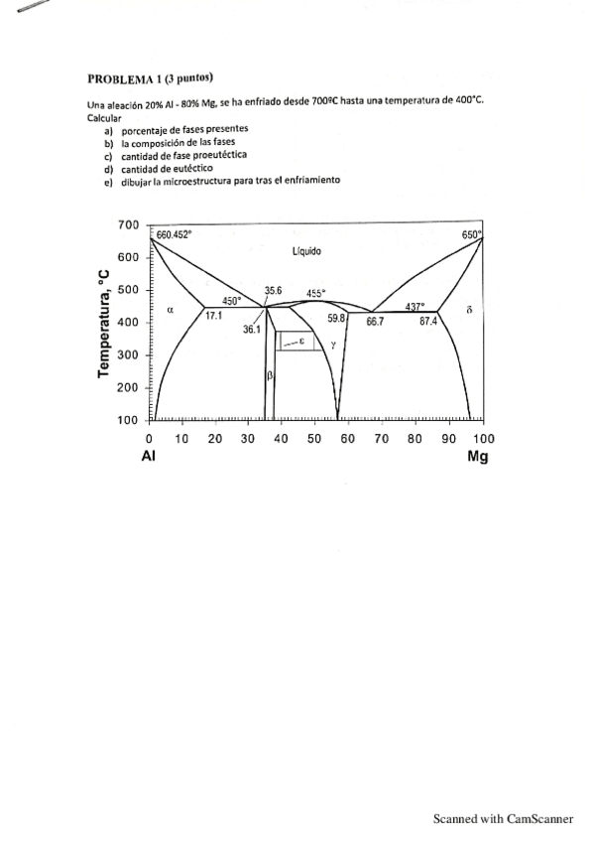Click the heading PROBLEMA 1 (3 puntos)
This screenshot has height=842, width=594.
[151, 77]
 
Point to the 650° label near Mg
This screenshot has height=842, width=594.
[471, 234]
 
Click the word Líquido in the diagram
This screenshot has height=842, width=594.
[307, 252]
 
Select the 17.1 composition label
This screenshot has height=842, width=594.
[213, 315]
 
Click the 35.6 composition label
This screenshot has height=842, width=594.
[275, 291]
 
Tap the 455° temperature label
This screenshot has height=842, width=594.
[316, 293]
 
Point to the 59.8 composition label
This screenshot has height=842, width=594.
[336, 318]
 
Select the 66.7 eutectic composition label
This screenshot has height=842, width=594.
[375, 321]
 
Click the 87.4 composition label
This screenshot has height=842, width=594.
[427, 321]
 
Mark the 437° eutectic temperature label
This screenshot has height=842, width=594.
[415, 306]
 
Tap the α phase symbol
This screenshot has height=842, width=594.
[171, 309]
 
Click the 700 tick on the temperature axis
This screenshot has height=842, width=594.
[128, 225]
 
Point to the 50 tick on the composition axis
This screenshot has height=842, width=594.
[314, 438]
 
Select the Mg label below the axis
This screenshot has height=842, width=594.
[478, 458]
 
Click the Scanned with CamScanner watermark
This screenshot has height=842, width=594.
[503, 819]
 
